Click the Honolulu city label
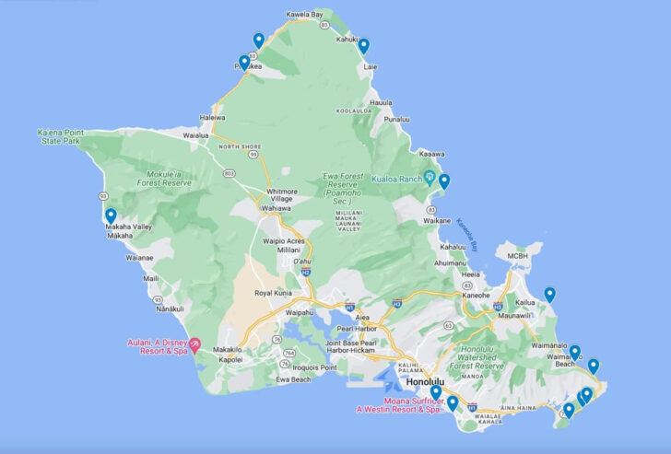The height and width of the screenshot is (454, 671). (x=425, y=381)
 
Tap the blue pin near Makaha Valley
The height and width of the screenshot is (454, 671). (x=111, y=216)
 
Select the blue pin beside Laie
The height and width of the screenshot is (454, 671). (x=364, y=46)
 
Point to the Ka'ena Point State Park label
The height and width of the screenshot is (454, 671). (x=61, y=137)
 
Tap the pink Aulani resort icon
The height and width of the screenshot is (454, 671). (x=194, y=343)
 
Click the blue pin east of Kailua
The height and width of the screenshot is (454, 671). (x=550, y=295)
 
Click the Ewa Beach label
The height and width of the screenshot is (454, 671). (x=295, y=379)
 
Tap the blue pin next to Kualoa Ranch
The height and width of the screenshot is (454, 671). (x=444, y=181)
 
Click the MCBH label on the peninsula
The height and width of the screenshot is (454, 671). (x=518, y=255)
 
